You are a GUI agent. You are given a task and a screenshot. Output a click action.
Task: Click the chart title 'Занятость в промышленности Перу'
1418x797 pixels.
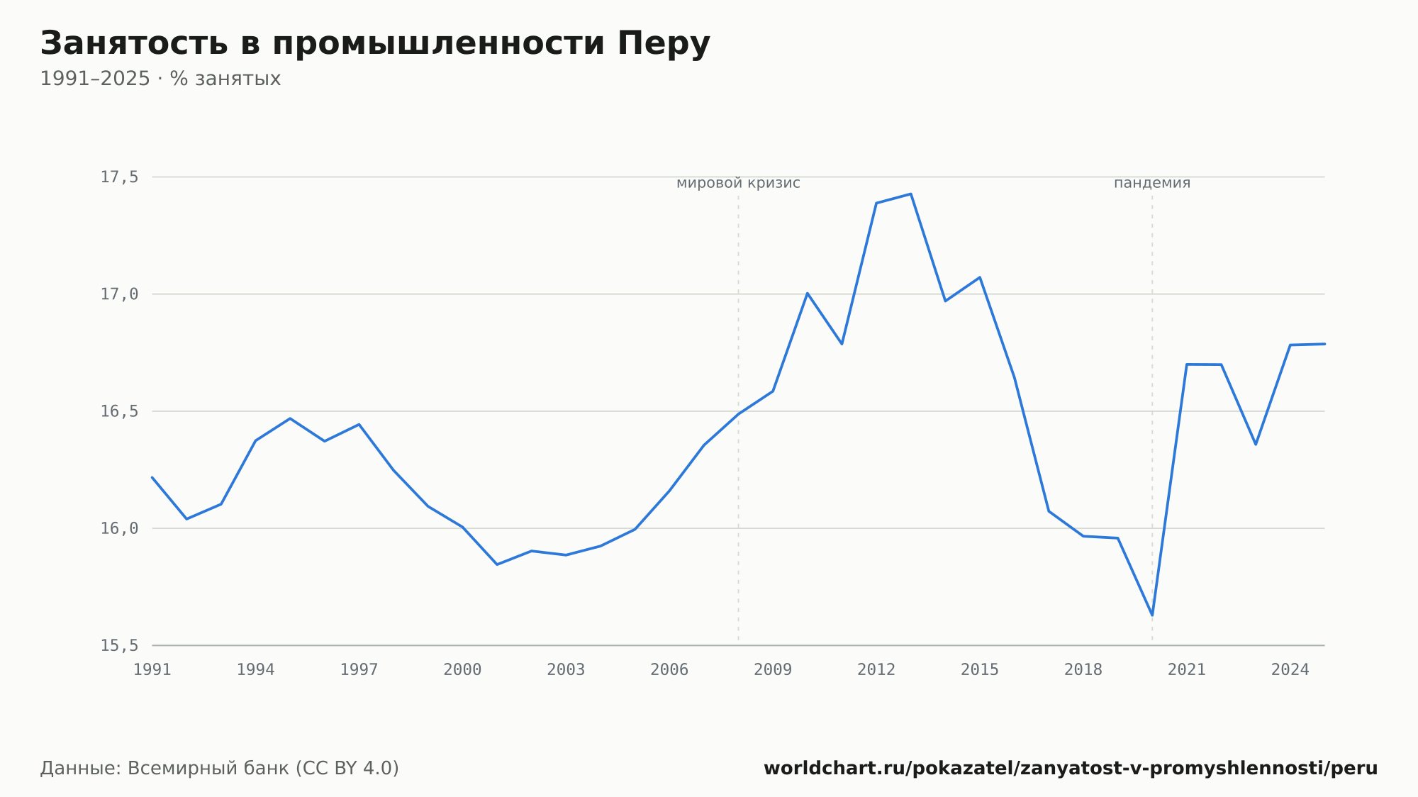click(x=375, y=44)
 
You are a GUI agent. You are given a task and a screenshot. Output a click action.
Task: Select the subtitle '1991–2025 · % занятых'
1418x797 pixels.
click(x=160, y=79)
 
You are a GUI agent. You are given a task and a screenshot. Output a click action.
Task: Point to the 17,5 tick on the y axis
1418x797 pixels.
click(x=119, y=177)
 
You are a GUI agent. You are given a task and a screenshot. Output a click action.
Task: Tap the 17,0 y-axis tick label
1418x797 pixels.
click(x=119, y=294)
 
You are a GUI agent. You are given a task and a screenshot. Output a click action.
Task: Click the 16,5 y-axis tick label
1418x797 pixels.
click(x=119, y=411)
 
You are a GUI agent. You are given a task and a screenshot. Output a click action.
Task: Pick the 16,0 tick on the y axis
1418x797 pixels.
click(x=119, y=528)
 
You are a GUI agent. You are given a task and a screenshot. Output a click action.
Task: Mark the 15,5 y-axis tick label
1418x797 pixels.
click(x=119, y=645)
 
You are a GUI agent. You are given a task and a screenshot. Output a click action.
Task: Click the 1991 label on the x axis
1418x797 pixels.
click(x=152, y=670)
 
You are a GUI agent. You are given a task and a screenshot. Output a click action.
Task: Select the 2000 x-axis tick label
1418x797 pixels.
click(x=462, y=670)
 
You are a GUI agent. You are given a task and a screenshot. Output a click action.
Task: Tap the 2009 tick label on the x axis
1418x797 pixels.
click(x=773, y=670)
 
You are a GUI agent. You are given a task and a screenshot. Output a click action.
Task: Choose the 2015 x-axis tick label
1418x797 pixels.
click(x=980, y=670)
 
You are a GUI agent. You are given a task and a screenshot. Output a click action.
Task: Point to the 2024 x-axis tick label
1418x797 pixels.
click(x=1290, y=670)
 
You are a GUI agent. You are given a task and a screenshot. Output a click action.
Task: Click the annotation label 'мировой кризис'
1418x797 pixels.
click(x=738, y=183)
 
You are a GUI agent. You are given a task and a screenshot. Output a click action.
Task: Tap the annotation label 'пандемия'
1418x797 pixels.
click(x=1152, y=183)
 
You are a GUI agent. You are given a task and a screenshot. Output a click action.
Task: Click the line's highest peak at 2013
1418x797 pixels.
click(x=910, y=194)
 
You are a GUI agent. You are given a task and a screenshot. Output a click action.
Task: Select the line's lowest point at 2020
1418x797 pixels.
click(x=1152, y=615)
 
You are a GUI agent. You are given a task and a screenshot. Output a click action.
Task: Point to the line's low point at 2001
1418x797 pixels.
click(x=497, y=564)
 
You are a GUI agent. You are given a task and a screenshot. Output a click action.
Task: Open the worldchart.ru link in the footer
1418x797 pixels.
click(x=1071, y=769)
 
